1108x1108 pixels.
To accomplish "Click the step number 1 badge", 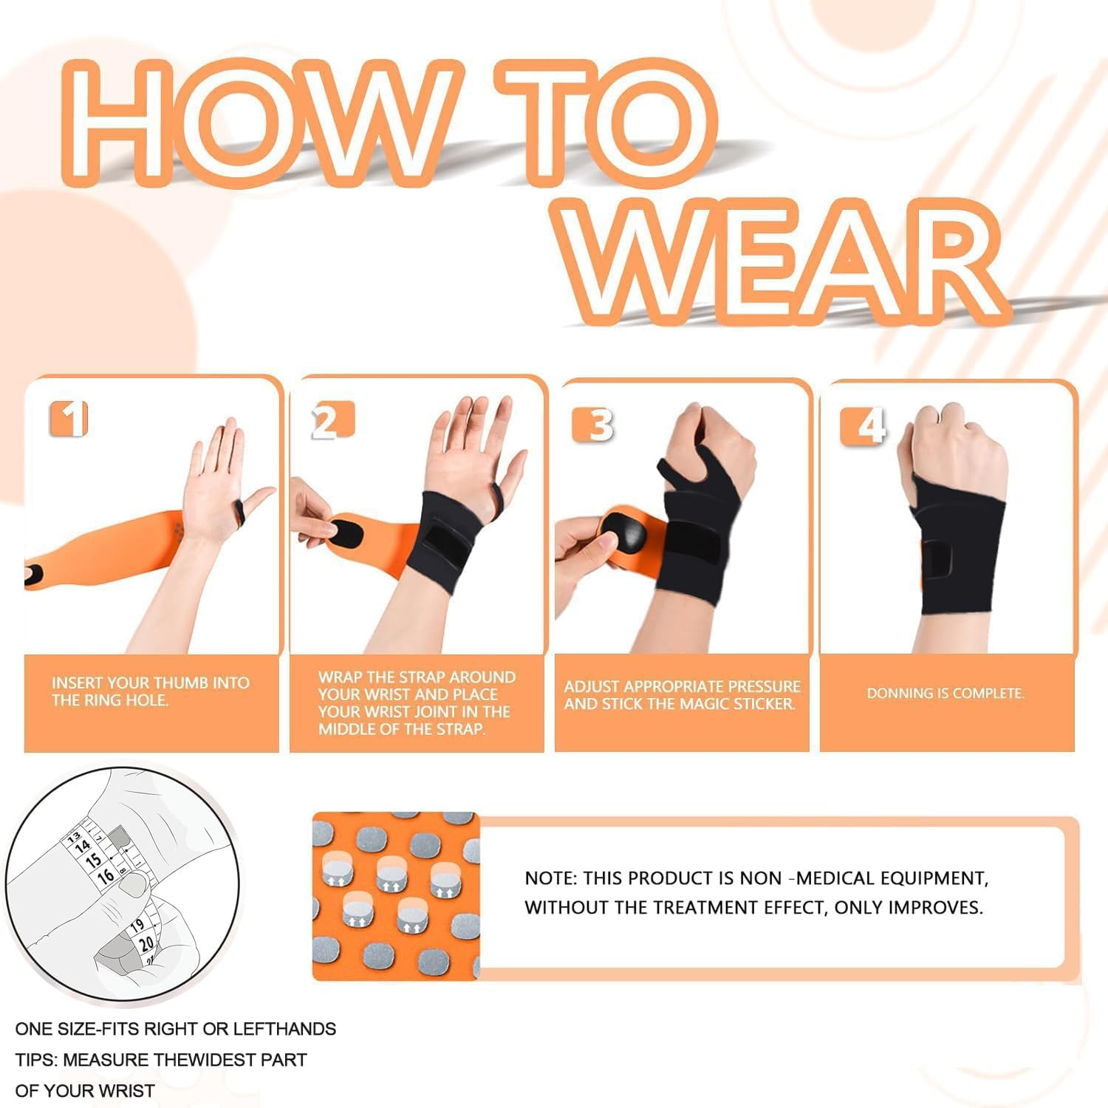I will (x=69, y=419).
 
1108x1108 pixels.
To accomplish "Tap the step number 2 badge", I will (x=332, y=421).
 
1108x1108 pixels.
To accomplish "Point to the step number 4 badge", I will (x=863, y=426).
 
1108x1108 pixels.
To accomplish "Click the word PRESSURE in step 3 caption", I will (x=765, y=686).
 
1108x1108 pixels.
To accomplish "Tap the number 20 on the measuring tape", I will (x=146, y=943).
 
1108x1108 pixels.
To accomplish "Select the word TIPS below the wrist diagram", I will (x=35, y=1060).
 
